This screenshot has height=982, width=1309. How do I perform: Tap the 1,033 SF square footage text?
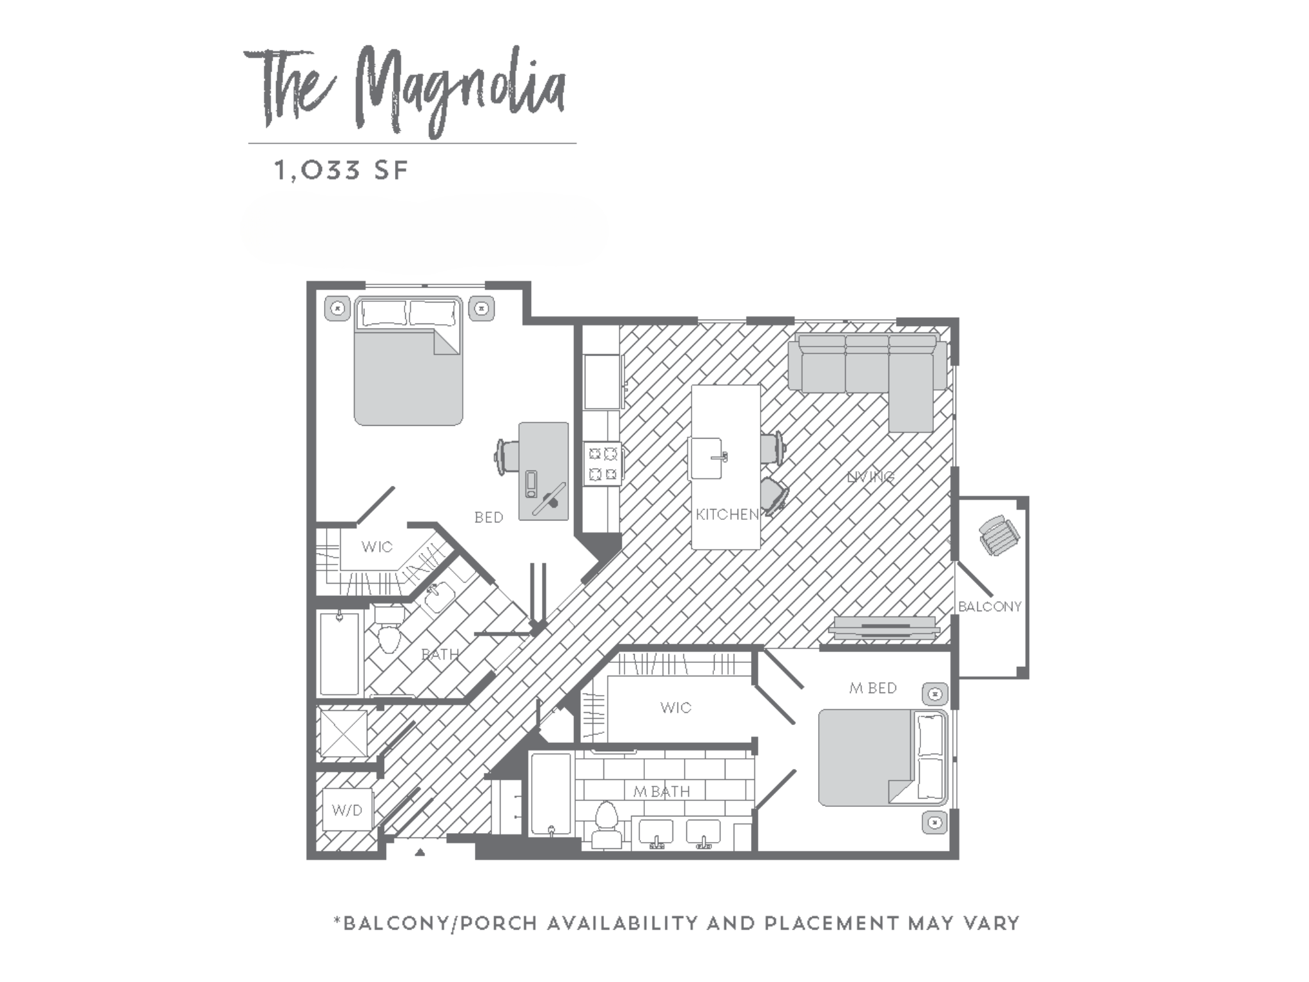[341, 171]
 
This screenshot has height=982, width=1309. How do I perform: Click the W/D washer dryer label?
[347, 810]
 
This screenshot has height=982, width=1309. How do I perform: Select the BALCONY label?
[989, 606]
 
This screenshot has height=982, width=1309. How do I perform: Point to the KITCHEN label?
[727, 514]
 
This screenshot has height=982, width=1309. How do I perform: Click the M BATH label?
[661, 791]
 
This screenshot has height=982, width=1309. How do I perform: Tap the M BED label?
[872, 688]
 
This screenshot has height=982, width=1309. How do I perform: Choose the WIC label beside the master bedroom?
[676, 707]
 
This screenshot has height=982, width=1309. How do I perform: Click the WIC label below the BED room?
[376, 547]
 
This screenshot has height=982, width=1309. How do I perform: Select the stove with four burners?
[603, 464]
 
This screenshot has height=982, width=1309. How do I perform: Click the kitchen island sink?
[707, 458]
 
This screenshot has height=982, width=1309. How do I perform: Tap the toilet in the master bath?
[605, 825]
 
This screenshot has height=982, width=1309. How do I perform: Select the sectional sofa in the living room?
[866, 371]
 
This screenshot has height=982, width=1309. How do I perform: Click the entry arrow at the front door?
[420, 852]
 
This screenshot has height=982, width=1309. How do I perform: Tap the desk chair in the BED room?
[506, 456]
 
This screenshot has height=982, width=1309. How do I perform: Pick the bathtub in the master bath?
[550, 793]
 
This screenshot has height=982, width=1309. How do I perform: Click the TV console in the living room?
[884, 627]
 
